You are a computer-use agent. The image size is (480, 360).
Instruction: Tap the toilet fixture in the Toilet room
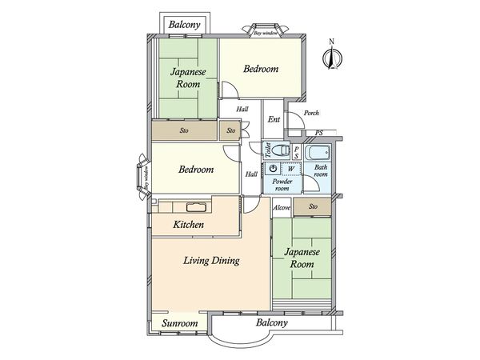pos(281,150)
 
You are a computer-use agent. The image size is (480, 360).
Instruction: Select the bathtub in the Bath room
pos(318,152)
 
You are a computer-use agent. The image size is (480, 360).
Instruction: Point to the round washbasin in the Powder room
pos(274,168)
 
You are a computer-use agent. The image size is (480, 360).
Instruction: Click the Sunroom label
pos(180,323)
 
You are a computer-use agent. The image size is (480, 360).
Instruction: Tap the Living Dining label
pos(211,261)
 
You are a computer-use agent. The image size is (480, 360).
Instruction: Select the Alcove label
pos(282,207)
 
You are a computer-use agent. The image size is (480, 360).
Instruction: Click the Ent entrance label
pos(274,119)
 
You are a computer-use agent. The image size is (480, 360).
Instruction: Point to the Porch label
pos(311,113)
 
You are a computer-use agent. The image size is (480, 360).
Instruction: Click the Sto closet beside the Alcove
pos(313,206)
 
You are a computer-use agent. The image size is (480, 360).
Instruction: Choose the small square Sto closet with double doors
pos(230,130)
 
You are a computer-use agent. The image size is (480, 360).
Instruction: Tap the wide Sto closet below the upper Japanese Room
pos(184,130)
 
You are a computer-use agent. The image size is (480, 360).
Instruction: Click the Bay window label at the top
pos(266,33)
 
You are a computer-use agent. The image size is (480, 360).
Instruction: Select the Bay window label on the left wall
pos(146,178)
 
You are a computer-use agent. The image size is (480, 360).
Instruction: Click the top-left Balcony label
pos(184,25)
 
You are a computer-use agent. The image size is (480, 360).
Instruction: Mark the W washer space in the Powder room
pos(291,169)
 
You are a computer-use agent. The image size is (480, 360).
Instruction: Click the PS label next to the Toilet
pos(296,152)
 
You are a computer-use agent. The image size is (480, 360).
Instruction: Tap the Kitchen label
pos(188,225)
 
